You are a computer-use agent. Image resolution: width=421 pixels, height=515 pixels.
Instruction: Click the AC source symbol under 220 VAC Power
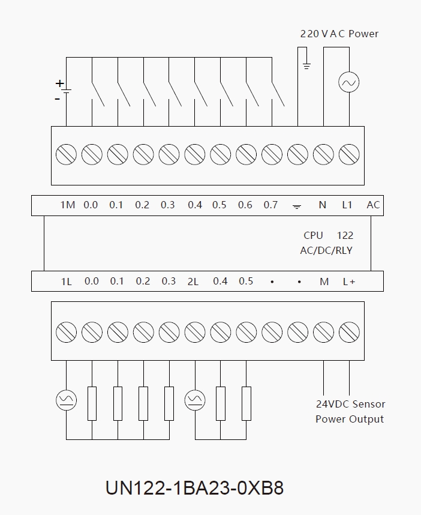[348, 82]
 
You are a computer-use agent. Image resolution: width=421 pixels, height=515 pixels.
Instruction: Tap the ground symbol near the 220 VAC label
[306, 65]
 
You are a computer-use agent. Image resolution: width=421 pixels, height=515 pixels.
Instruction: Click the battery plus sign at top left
[59, 83]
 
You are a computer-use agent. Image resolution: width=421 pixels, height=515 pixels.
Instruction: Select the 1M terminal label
[67, 205]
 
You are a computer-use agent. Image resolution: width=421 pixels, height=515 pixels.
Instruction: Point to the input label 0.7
[270, 205]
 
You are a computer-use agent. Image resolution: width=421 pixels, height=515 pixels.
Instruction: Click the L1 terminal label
[347, 205]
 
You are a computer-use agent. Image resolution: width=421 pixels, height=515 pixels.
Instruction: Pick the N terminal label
[322, 205]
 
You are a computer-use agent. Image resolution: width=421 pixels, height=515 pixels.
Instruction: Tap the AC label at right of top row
[373, 205]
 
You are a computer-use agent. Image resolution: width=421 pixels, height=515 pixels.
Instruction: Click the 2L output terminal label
[193, 282]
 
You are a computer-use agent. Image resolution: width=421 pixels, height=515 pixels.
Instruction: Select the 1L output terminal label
[66, 282]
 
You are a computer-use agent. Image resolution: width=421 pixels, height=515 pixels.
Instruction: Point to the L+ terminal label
[349, 282]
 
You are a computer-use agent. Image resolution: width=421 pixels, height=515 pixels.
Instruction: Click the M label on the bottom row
[324, 282]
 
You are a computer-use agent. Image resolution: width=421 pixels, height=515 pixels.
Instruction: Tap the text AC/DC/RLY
[326, 250]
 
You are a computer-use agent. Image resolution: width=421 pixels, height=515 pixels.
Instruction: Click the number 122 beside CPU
[345, 236]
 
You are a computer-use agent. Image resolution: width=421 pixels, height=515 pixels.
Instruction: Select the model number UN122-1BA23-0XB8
[194, 487]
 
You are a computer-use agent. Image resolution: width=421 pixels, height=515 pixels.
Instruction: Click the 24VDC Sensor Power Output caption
[350, 412]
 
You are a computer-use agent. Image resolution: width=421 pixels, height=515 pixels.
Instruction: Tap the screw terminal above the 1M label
[65, 155]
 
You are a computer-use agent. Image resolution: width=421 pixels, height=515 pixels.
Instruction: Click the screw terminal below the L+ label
[349, 331]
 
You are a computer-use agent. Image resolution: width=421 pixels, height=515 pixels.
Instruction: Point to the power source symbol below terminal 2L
[194, 399]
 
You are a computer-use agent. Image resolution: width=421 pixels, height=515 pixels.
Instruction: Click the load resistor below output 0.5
[246, 403]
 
